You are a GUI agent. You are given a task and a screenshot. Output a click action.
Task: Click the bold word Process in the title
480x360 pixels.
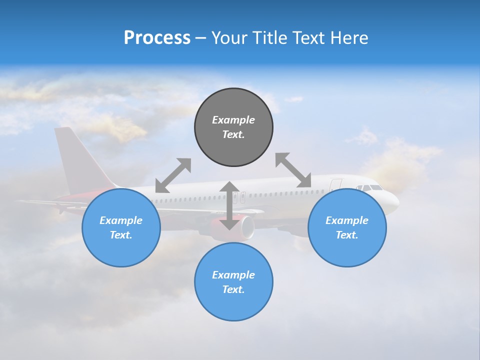tap(157, 38)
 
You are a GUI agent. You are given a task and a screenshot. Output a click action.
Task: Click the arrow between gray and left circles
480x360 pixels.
tap(173, 175)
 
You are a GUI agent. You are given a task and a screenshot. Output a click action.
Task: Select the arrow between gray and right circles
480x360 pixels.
tap(293, 170)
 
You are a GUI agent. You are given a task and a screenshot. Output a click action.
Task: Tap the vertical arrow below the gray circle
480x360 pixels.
tap(229, 205)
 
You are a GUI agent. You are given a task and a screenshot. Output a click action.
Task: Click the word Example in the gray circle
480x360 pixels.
tap(233, 120)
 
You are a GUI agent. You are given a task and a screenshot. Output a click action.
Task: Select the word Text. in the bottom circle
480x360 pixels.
tap(233, 289)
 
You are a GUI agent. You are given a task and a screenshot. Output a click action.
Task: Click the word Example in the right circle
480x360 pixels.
tap(347, 220)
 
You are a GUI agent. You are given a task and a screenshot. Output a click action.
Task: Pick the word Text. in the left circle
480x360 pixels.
tap(121, 235)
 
